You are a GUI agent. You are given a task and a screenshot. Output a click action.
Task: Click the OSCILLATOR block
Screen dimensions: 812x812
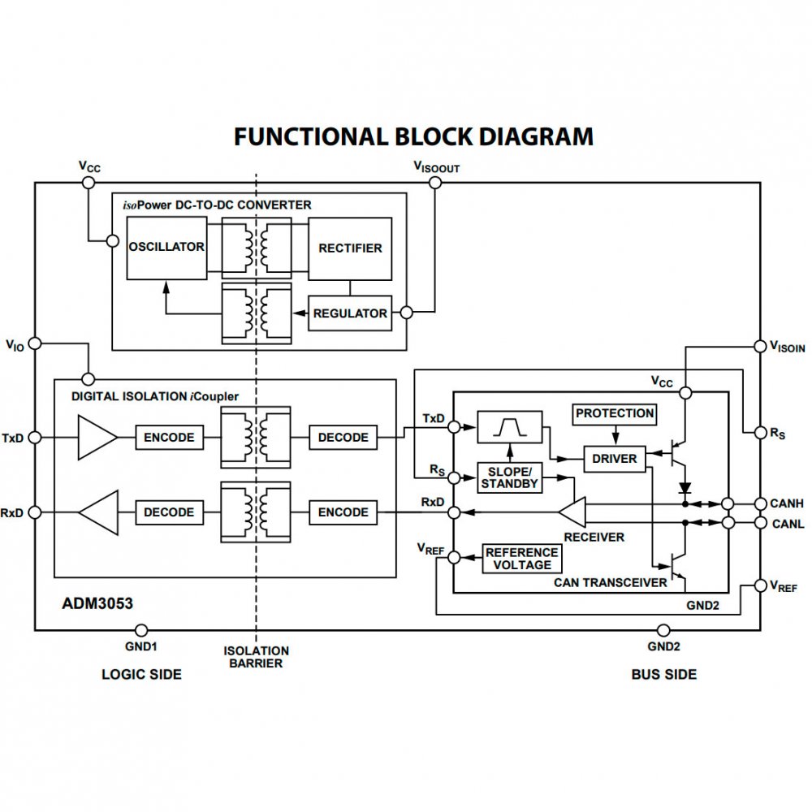click(166, 248)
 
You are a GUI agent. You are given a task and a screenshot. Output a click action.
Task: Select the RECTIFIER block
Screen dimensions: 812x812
click(350, 248)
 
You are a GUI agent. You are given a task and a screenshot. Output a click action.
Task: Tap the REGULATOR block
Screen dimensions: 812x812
click(350, 313)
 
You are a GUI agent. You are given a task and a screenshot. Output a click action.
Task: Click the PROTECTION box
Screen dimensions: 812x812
click(614, 413)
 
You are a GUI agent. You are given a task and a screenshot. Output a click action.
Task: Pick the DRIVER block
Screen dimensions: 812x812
click(615, 459)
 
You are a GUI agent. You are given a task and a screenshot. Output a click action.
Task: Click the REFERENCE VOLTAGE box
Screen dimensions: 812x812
click(522, 559)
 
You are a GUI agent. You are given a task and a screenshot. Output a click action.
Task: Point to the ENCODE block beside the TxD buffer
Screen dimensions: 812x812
click(169, 437)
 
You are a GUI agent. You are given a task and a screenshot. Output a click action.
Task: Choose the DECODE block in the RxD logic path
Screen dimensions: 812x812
click(169, 512)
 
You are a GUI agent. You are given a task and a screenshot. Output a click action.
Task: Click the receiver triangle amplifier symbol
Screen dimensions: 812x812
click(572, 512)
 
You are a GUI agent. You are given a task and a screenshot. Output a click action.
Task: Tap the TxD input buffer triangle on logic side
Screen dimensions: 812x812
click(97, 437)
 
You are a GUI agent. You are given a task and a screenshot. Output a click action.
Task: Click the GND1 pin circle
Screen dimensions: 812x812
click(140, 630)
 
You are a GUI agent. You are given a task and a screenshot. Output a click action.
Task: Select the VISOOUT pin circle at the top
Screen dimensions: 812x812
click(434, 183)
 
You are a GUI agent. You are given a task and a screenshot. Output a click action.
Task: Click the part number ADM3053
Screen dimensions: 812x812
click(97, 605)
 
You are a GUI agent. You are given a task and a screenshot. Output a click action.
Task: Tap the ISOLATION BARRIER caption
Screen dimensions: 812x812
click(257, 656)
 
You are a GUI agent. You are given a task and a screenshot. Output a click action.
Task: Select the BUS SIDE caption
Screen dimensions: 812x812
click(663, 674)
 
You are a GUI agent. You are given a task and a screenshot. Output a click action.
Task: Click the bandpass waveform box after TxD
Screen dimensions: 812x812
click(509, 426)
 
